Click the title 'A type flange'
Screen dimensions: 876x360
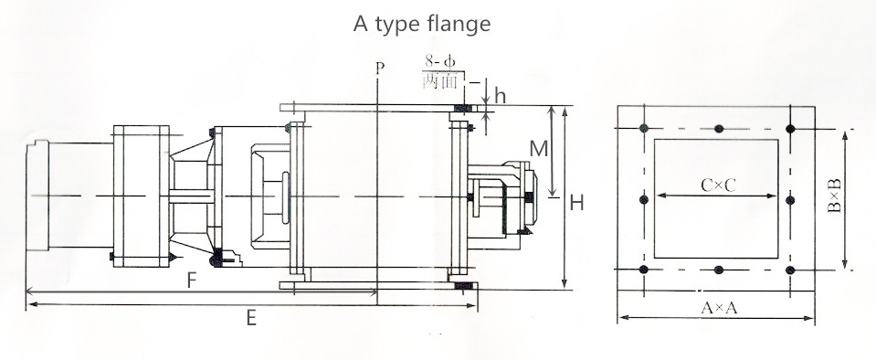[x=422, y=25]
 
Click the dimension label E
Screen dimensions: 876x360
[x=251, y=318]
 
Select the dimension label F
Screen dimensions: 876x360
[x=192, y=280]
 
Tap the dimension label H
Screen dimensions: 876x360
[x=576, y=202]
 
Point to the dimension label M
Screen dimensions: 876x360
[x=539, y=149]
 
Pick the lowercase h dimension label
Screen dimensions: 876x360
[x=500, y=96]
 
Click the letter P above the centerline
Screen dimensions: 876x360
[x=380, y=69]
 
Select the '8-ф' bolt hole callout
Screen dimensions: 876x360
[x=439, y=61]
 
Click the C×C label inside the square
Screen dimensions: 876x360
[x=719, y=185]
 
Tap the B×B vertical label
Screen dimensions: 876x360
[x=834, y=196]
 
